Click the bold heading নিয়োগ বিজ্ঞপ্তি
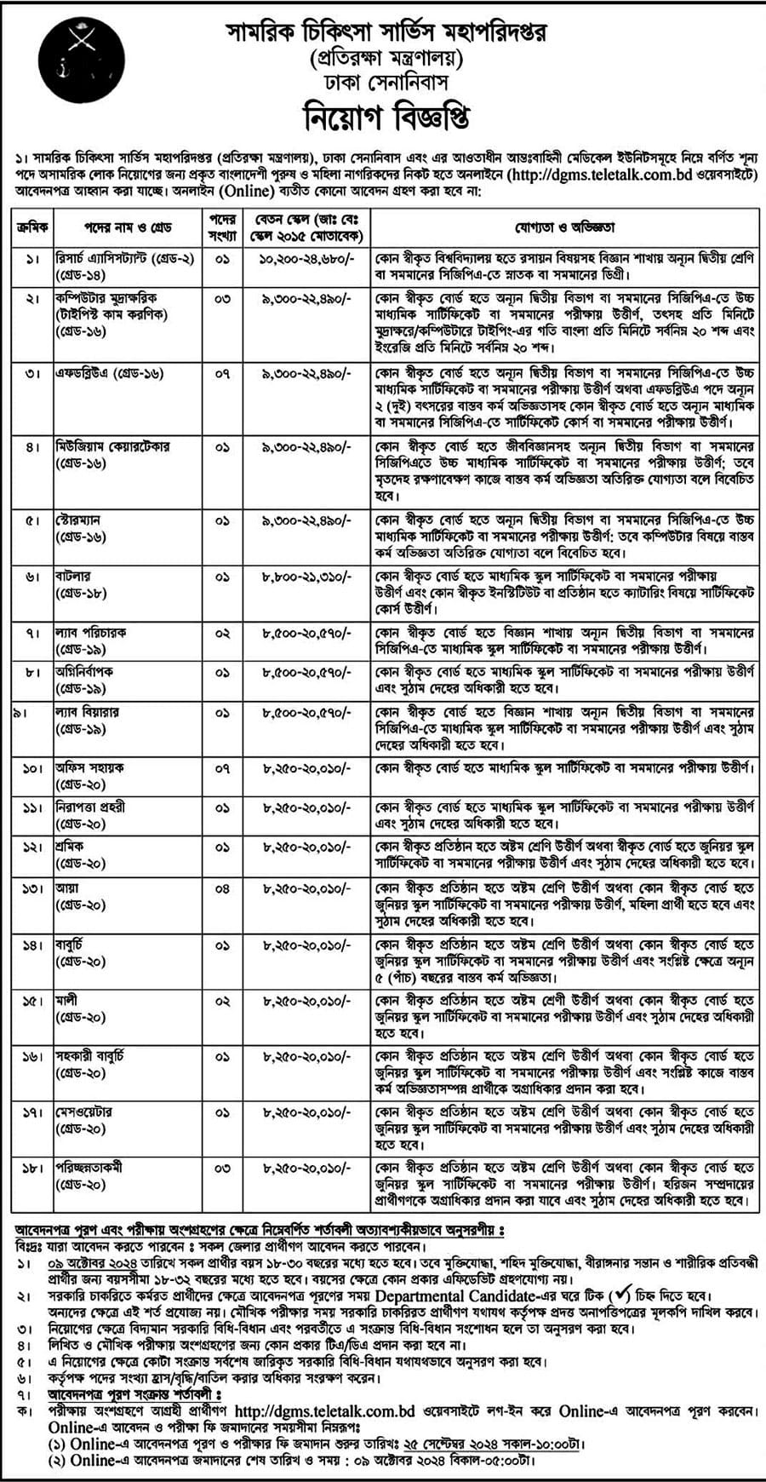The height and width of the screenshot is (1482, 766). (x=386, y=116)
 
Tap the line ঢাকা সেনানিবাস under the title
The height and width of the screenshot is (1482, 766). (x=386, y=83)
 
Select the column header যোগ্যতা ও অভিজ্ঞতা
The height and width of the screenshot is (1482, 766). (x=563, y=227)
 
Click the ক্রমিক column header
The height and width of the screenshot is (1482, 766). (x=33, y=227)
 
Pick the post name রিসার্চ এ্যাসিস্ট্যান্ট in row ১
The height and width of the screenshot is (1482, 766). (x=125, y=258)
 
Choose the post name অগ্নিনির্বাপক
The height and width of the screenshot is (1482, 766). (x=84, y=671)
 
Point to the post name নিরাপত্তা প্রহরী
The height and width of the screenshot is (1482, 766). (x=90, y=807)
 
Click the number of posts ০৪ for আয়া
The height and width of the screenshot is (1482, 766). (x=222, y=888)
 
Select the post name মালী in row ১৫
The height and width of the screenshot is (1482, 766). (x=66, y=1000)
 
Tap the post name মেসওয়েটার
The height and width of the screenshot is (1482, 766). (x=83, y=1112)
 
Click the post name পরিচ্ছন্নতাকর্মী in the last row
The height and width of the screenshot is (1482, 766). (x=100, y=1168)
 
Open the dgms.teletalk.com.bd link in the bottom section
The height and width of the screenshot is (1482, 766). (x=324, y=1411)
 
